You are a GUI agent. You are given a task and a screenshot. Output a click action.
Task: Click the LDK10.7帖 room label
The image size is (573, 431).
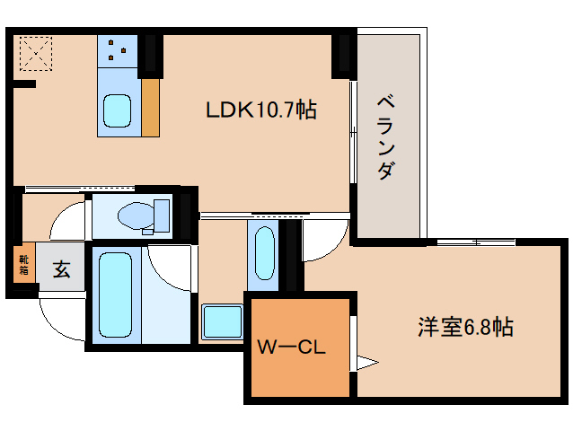tap(260, 110)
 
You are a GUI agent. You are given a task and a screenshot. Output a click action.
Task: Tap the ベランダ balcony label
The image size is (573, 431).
tap(383, 135)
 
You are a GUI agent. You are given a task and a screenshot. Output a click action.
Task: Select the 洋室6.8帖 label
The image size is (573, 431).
tap(464, 327)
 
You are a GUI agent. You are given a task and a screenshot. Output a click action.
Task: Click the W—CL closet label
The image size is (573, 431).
tap(291, 346)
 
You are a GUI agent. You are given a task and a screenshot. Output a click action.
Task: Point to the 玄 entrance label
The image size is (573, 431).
tap(60, 268)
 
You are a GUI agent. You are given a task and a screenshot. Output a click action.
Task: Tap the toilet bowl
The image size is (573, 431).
tap(135, 214)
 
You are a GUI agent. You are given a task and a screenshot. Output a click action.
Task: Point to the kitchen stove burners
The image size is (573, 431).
tap(117, 51)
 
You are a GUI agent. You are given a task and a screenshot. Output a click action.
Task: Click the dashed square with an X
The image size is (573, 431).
tap(34, 52)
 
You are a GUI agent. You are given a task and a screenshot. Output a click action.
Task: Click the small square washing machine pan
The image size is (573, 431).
tap(221, 321)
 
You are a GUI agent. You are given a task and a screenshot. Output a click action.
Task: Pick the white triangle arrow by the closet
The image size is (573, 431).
tap(365, 363)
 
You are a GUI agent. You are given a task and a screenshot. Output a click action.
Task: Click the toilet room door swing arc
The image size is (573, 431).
tap(67, 220)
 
